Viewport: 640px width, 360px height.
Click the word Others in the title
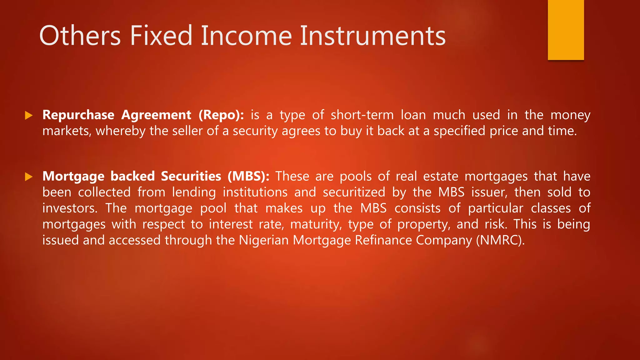pos(80,36)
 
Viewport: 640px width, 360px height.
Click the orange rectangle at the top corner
pos(566,30)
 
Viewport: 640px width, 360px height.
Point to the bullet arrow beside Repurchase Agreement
pos(29,115)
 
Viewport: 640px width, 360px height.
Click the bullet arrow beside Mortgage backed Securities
pos(29,177)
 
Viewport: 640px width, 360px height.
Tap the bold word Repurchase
pos(78,115)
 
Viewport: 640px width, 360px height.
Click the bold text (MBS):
pos(248,176)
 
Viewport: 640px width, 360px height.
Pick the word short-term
pos(362,115)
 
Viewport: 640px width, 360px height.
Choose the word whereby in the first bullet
pos(120,131)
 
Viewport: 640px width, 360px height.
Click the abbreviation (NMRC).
pos(500,240)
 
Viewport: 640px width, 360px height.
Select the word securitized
pos(354,192)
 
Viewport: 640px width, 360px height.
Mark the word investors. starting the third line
pos(70,208)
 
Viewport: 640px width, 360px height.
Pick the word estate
pos(441,176)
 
